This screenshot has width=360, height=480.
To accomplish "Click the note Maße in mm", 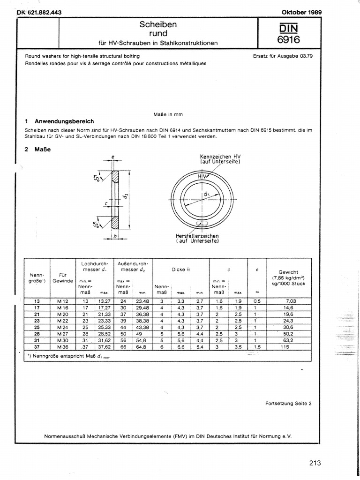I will click(x=168, y=114).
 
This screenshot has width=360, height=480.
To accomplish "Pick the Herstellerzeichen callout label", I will click(x=197, y=238).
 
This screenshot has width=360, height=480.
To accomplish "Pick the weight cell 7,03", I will click(x=288, y=300).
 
